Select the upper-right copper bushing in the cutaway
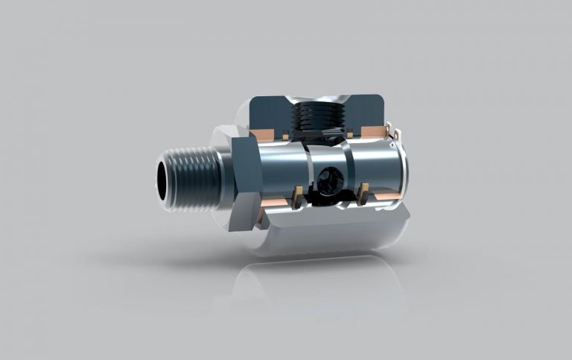(372, 133)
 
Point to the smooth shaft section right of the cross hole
(372, 168)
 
